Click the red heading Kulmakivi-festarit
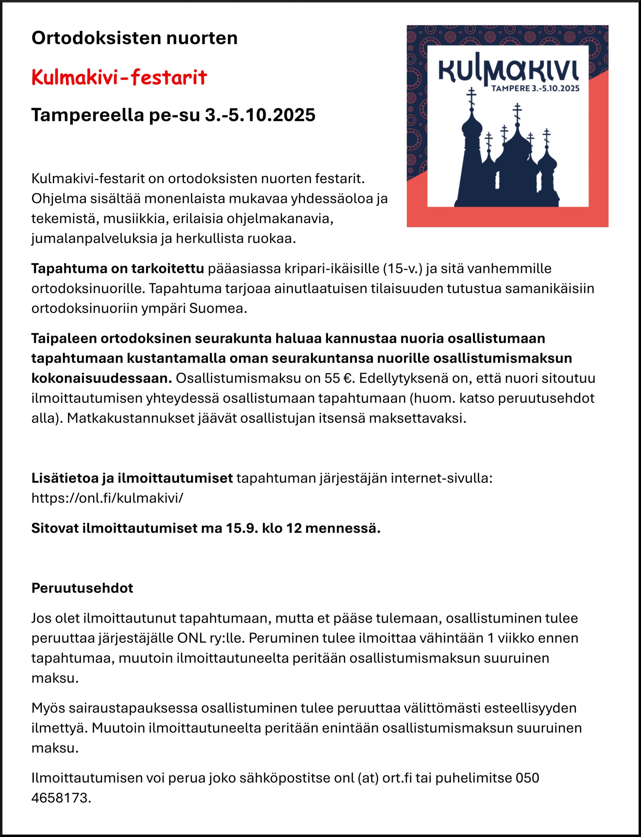pyautogui.click(x=119, y=77)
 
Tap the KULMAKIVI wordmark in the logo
pyautogui.click(x=509, y=71)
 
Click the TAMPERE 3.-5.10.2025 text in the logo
pyautogui.click(x=535, y=89)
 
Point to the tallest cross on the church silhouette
pyautogui.click(x=472, y=96)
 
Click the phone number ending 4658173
pyautogui.click(x=61, y=798)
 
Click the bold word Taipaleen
pyautogui.click(x=63, y=338)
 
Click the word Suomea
pyautogui.click(x=218, y=308)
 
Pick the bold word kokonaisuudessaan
pyautogui.click(x=102, y=378)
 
